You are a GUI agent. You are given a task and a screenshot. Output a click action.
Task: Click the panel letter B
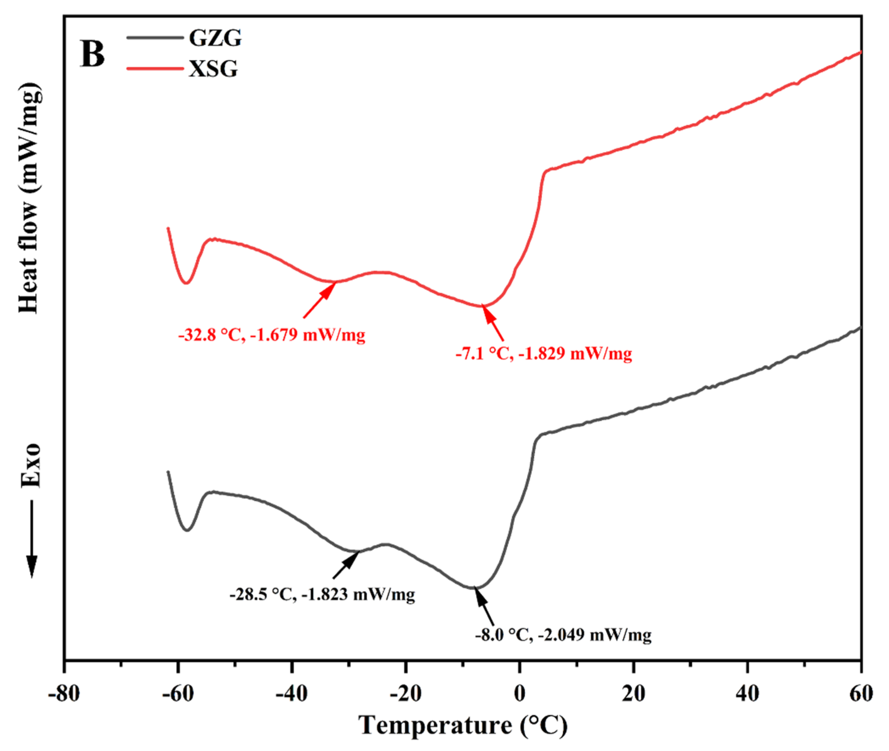(92, 54)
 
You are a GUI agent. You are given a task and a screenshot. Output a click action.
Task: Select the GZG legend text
(215, 38)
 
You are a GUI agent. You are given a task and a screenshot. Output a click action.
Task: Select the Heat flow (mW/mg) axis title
(30, 198)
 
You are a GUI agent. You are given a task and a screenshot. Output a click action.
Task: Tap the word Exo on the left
(30, 465)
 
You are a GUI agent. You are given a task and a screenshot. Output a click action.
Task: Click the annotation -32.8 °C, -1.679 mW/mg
(272, 335)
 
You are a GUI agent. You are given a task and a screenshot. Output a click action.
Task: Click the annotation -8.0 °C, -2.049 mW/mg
(563, 635)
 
